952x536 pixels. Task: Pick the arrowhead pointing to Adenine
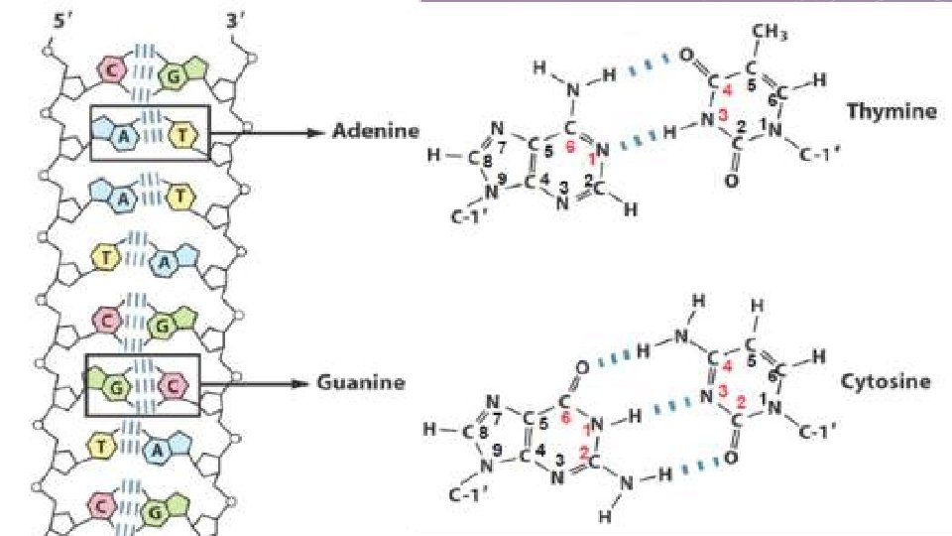click(x=316, y=133)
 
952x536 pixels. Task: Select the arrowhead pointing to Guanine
click(x=308, y=382)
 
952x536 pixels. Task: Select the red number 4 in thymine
click(x=728, y=91)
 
